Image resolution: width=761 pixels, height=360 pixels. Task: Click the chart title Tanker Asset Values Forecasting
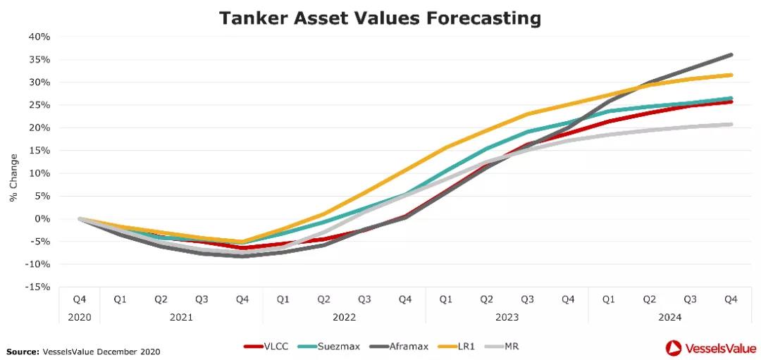[380, 18]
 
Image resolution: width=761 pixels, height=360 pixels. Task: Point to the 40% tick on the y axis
[39, 37]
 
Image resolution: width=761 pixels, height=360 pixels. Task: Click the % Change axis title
[13, 178]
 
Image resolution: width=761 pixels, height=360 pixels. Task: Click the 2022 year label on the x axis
[344, 317]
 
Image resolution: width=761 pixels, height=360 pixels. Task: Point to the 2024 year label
[669, 317]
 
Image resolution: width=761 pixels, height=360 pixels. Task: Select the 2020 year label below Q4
[80, 317]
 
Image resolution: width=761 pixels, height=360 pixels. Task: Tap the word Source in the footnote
[23, 351]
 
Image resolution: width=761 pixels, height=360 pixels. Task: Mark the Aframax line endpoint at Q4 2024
[731, 54]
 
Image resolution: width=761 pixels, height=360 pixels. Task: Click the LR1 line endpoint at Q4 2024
[731, 75]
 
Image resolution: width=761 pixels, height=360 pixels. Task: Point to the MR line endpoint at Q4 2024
[731, 124]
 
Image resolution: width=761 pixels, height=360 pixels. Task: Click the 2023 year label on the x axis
[507, 317]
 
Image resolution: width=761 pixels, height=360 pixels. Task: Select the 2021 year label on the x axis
[181, 317]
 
